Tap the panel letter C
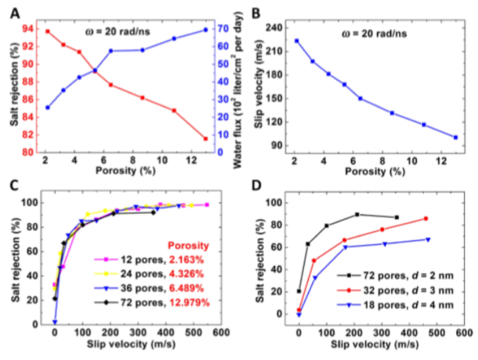pos(15,187)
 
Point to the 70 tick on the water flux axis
pos(222,29)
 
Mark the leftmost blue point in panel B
pos(297,41)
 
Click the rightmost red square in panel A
pos(206,139)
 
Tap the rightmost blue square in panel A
pos(206,29)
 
